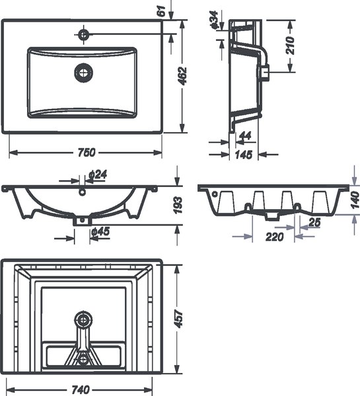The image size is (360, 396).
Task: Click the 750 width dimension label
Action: pyautogui.click(x=86, y=152)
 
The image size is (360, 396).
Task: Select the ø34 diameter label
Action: pyautogui.click(x=213, y=19)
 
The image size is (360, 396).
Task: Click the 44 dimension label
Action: pyautogui.click(x=244, y=136)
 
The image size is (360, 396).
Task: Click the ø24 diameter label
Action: pyautogui.click(x=97, y=174)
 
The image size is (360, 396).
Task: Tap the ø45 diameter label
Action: pyautogui.click(x=101, y=231)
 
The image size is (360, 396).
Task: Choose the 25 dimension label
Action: pyautogui.click(x=314, y=224)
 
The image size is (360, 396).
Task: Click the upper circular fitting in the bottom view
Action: pyautogui.click(x=83, y=320)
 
